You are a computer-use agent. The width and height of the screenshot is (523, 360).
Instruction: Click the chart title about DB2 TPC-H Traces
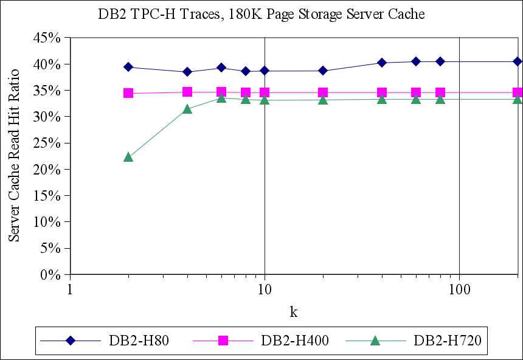tap(261, 14)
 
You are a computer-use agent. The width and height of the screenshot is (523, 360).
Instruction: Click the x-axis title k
tap(294, 312)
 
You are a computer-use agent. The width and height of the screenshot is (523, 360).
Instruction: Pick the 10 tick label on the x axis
tap(265, 288)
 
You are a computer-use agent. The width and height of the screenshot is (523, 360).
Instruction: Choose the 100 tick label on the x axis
tap(459, 288)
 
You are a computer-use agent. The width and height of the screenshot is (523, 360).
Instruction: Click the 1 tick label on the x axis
tap(71, 288)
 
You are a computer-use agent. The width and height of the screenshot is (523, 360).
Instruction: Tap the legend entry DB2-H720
tap(447, 341)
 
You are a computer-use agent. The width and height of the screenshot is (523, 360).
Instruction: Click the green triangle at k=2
tap(128, 157)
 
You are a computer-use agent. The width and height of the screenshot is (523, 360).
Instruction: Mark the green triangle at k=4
tap(187, 109)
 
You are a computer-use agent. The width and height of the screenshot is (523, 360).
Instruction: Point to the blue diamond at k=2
tap(128, 67)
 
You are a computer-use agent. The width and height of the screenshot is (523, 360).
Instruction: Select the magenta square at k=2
tap(128, 93)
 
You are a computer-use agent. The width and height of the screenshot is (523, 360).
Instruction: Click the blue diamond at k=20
tap(323, 71)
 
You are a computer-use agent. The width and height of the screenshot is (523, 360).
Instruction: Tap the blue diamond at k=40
tap(381, 63)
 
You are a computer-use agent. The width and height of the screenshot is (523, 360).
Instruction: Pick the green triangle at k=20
tap(323, 99)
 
